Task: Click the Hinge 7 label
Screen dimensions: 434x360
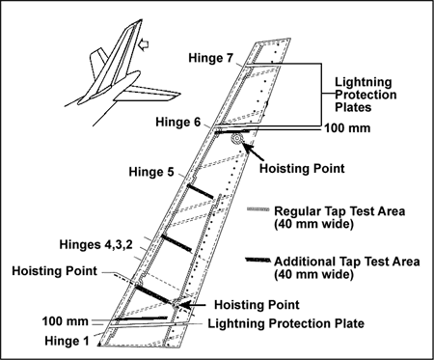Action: (x=210, y=58)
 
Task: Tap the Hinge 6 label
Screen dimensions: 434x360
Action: (x=177, y=122)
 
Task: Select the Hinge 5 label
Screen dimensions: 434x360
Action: (x=151, y=172)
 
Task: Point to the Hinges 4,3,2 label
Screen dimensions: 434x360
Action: (x=95, y=245)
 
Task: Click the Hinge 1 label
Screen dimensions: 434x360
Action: (x=67, y=341)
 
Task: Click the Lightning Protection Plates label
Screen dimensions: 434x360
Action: (x=366, y=95)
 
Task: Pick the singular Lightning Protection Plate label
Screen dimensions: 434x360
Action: (x=286, y=323)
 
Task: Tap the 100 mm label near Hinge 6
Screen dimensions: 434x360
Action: (x=347, y=128)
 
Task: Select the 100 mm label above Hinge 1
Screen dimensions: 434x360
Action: (x=66, y=321)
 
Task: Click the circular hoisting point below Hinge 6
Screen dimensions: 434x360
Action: (x=237, y=139)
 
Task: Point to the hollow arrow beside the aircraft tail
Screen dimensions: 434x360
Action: (x=143, y=44)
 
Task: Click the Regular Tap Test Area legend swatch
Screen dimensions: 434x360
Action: (x=258, y=209)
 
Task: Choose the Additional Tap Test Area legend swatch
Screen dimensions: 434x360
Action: (x=258, y=260)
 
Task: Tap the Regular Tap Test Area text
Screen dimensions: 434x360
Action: (x=339, y=217)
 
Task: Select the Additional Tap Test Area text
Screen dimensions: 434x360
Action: (x=347, y=267)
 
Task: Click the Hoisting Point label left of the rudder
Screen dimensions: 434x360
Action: (x=54, y=271)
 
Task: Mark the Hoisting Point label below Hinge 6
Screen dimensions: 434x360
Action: (x=302, y=169)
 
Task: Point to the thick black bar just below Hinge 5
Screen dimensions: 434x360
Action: (x=201, y=191)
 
